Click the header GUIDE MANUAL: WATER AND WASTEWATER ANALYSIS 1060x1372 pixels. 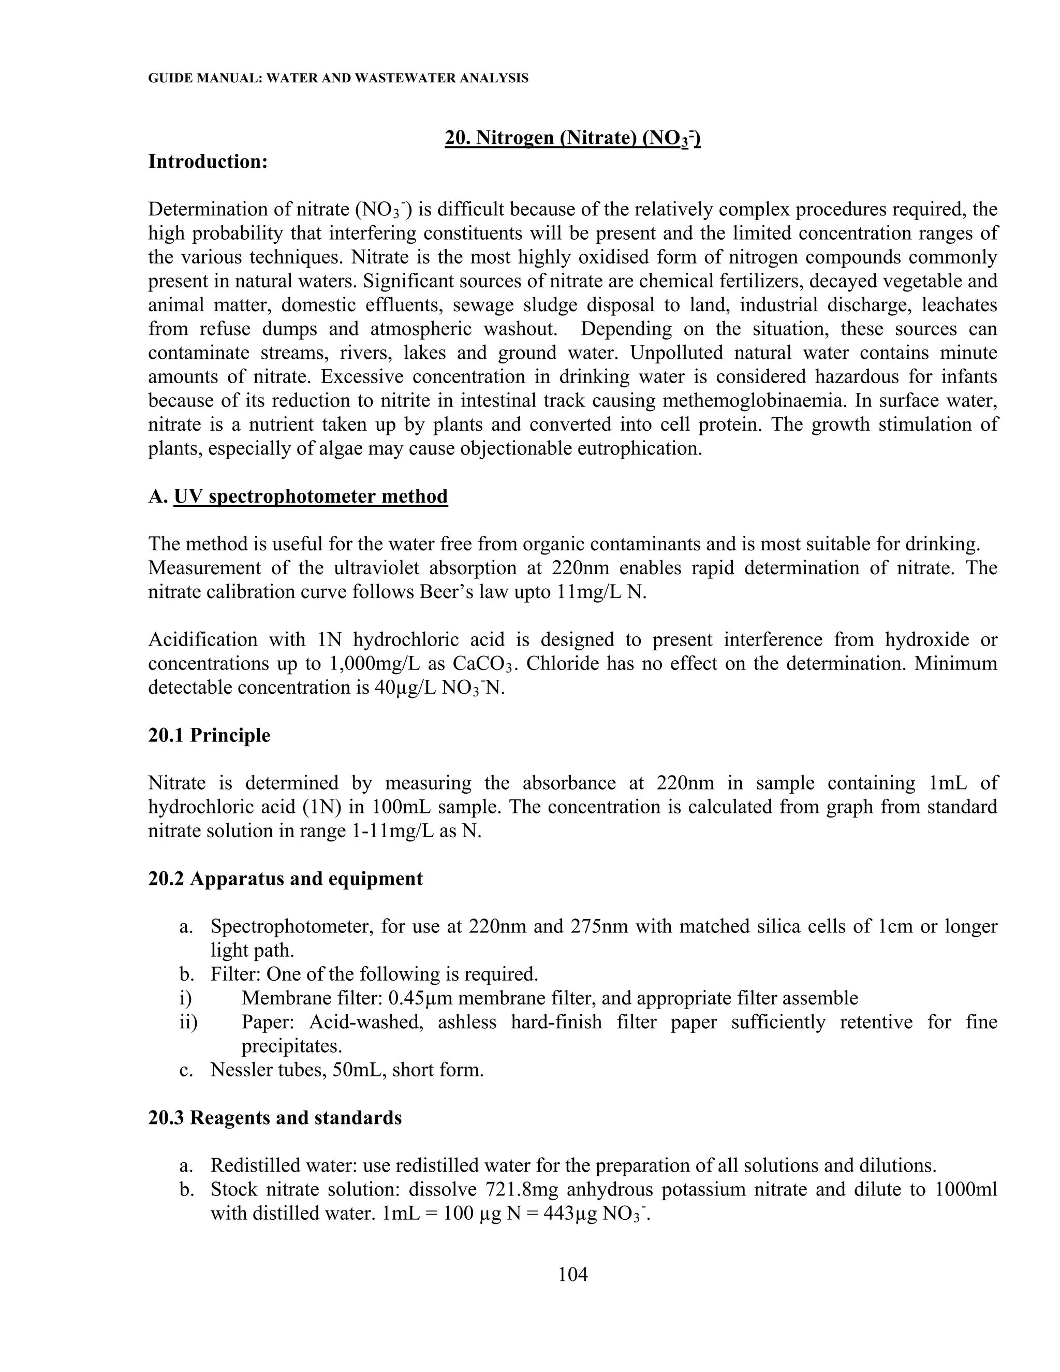(x=338, y=79)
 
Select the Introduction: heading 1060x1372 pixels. (x=208, y=162)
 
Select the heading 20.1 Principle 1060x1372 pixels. (x=209, y=735)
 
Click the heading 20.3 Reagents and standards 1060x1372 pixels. (x=274, y=1118)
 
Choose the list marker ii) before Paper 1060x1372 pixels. (x=188, y=1022)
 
